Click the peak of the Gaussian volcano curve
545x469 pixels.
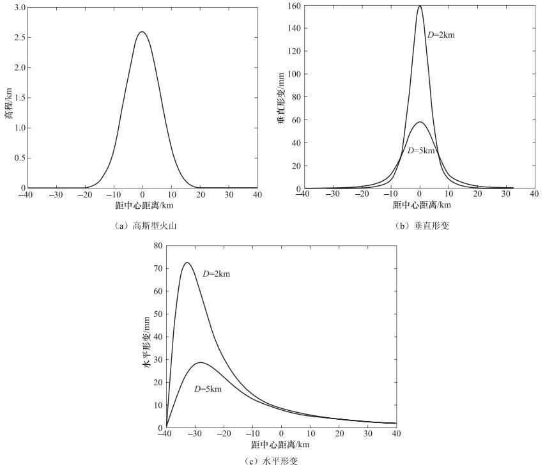(x=142, y=32)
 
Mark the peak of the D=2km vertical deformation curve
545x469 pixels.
(x=420, y=6)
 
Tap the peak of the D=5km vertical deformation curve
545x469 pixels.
(x=420, y=122)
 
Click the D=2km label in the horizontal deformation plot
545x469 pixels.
(x=216, y=274)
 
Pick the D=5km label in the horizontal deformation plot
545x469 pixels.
(x=208, y=389)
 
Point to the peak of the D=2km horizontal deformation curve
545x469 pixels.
(x=187, y=263)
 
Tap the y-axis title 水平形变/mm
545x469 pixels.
(x=146, y=335)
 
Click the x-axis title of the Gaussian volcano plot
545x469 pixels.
(x=142, y=206)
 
